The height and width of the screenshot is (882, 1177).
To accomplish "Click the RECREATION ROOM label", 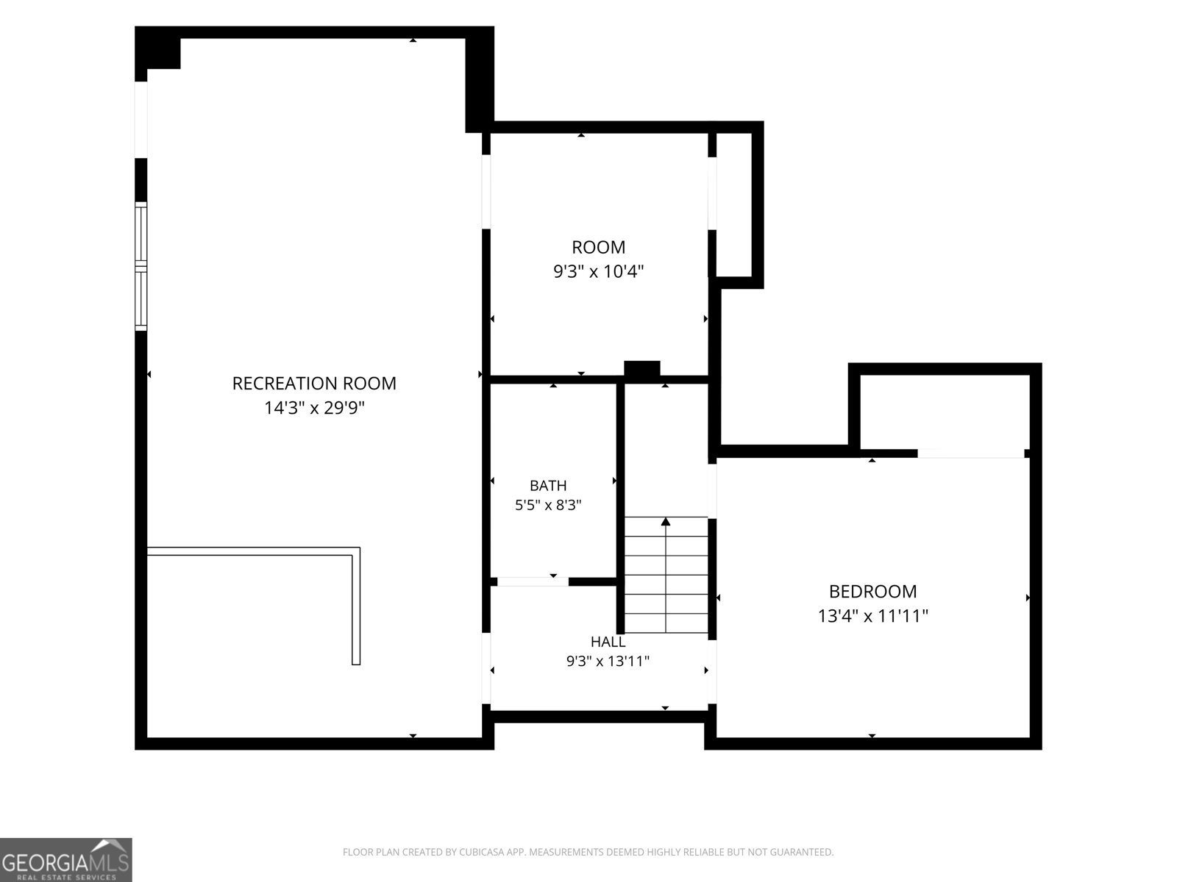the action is (313, 384).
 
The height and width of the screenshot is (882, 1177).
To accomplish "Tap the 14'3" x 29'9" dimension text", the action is (313, 408).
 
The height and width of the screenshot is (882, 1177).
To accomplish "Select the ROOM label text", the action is (598, 248).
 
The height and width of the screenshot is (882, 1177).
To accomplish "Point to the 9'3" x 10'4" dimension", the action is (598, 271).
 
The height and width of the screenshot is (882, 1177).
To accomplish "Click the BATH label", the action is (548, 486).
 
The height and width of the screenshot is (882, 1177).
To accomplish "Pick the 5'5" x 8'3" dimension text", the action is (548, 505).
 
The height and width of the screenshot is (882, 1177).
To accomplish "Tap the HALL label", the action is (608, 642).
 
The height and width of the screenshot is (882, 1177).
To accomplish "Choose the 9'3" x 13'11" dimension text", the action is (608, 661).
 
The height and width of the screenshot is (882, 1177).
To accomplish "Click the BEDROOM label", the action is (872, 592).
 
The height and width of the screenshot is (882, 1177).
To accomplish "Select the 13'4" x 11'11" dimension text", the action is (872, 616).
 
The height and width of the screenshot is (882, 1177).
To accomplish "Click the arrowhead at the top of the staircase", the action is (666, 521).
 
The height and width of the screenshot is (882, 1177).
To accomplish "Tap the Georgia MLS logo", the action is (66, 860).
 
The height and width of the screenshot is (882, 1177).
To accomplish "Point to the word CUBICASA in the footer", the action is (480, 852).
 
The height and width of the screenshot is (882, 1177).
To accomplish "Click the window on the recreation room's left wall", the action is (141, 266).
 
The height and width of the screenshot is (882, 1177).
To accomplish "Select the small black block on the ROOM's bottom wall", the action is (642, 370).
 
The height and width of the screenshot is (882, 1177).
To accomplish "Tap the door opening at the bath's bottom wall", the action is (533, 582).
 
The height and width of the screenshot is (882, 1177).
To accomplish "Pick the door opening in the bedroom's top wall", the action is (970, 453).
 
